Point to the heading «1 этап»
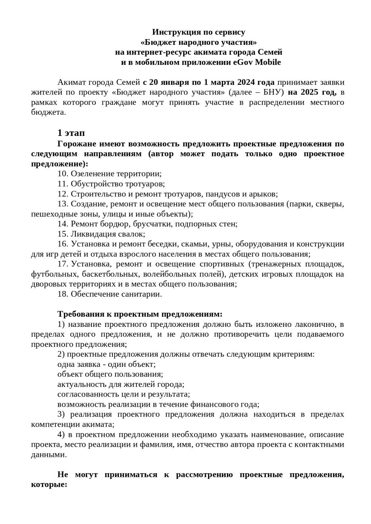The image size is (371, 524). (71, 133)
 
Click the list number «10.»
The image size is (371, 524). (63, 174)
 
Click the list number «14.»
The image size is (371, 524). (63, 224)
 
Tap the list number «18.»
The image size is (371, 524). (63, 294)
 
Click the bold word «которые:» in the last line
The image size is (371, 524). (49, 484)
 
